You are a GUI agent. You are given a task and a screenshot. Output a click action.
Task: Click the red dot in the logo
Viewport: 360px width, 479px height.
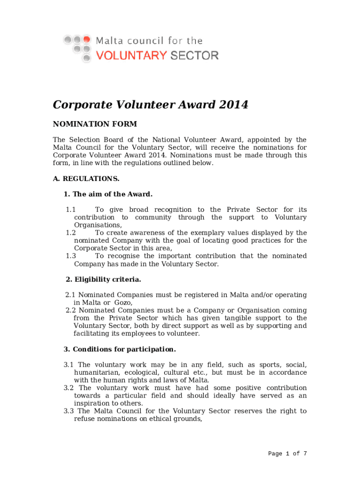(x=86, y=39)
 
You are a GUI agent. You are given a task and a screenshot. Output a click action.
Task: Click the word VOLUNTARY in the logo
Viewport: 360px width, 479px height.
(x=131, y=56)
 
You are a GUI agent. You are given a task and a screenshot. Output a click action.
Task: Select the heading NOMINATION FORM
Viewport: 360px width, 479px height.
(x=95, y=124)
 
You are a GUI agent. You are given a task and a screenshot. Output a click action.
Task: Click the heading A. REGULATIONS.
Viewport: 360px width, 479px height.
(x=86, y=179)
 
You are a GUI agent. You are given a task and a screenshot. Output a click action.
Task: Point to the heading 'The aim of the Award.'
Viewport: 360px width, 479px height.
(x=113, y=194)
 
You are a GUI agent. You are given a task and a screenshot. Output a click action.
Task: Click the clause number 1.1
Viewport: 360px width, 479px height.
(x=71, y=210)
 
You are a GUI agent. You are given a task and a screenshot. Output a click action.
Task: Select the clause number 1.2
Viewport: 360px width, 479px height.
(x=71, y=233)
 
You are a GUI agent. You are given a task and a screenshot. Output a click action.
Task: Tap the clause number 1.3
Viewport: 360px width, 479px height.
(x=71, y=256)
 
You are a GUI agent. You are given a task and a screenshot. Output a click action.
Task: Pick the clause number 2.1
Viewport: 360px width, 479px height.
(x=70, y=295)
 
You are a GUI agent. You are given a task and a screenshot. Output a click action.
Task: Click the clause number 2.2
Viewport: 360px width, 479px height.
(x=70, y=311)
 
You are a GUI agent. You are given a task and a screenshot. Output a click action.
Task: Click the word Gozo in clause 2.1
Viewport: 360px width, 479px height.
(x=123, y=303)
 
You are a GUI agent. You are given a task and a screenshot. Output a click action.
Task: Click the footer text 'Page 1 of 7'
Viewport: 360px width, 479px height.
(x=288, y=454)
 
